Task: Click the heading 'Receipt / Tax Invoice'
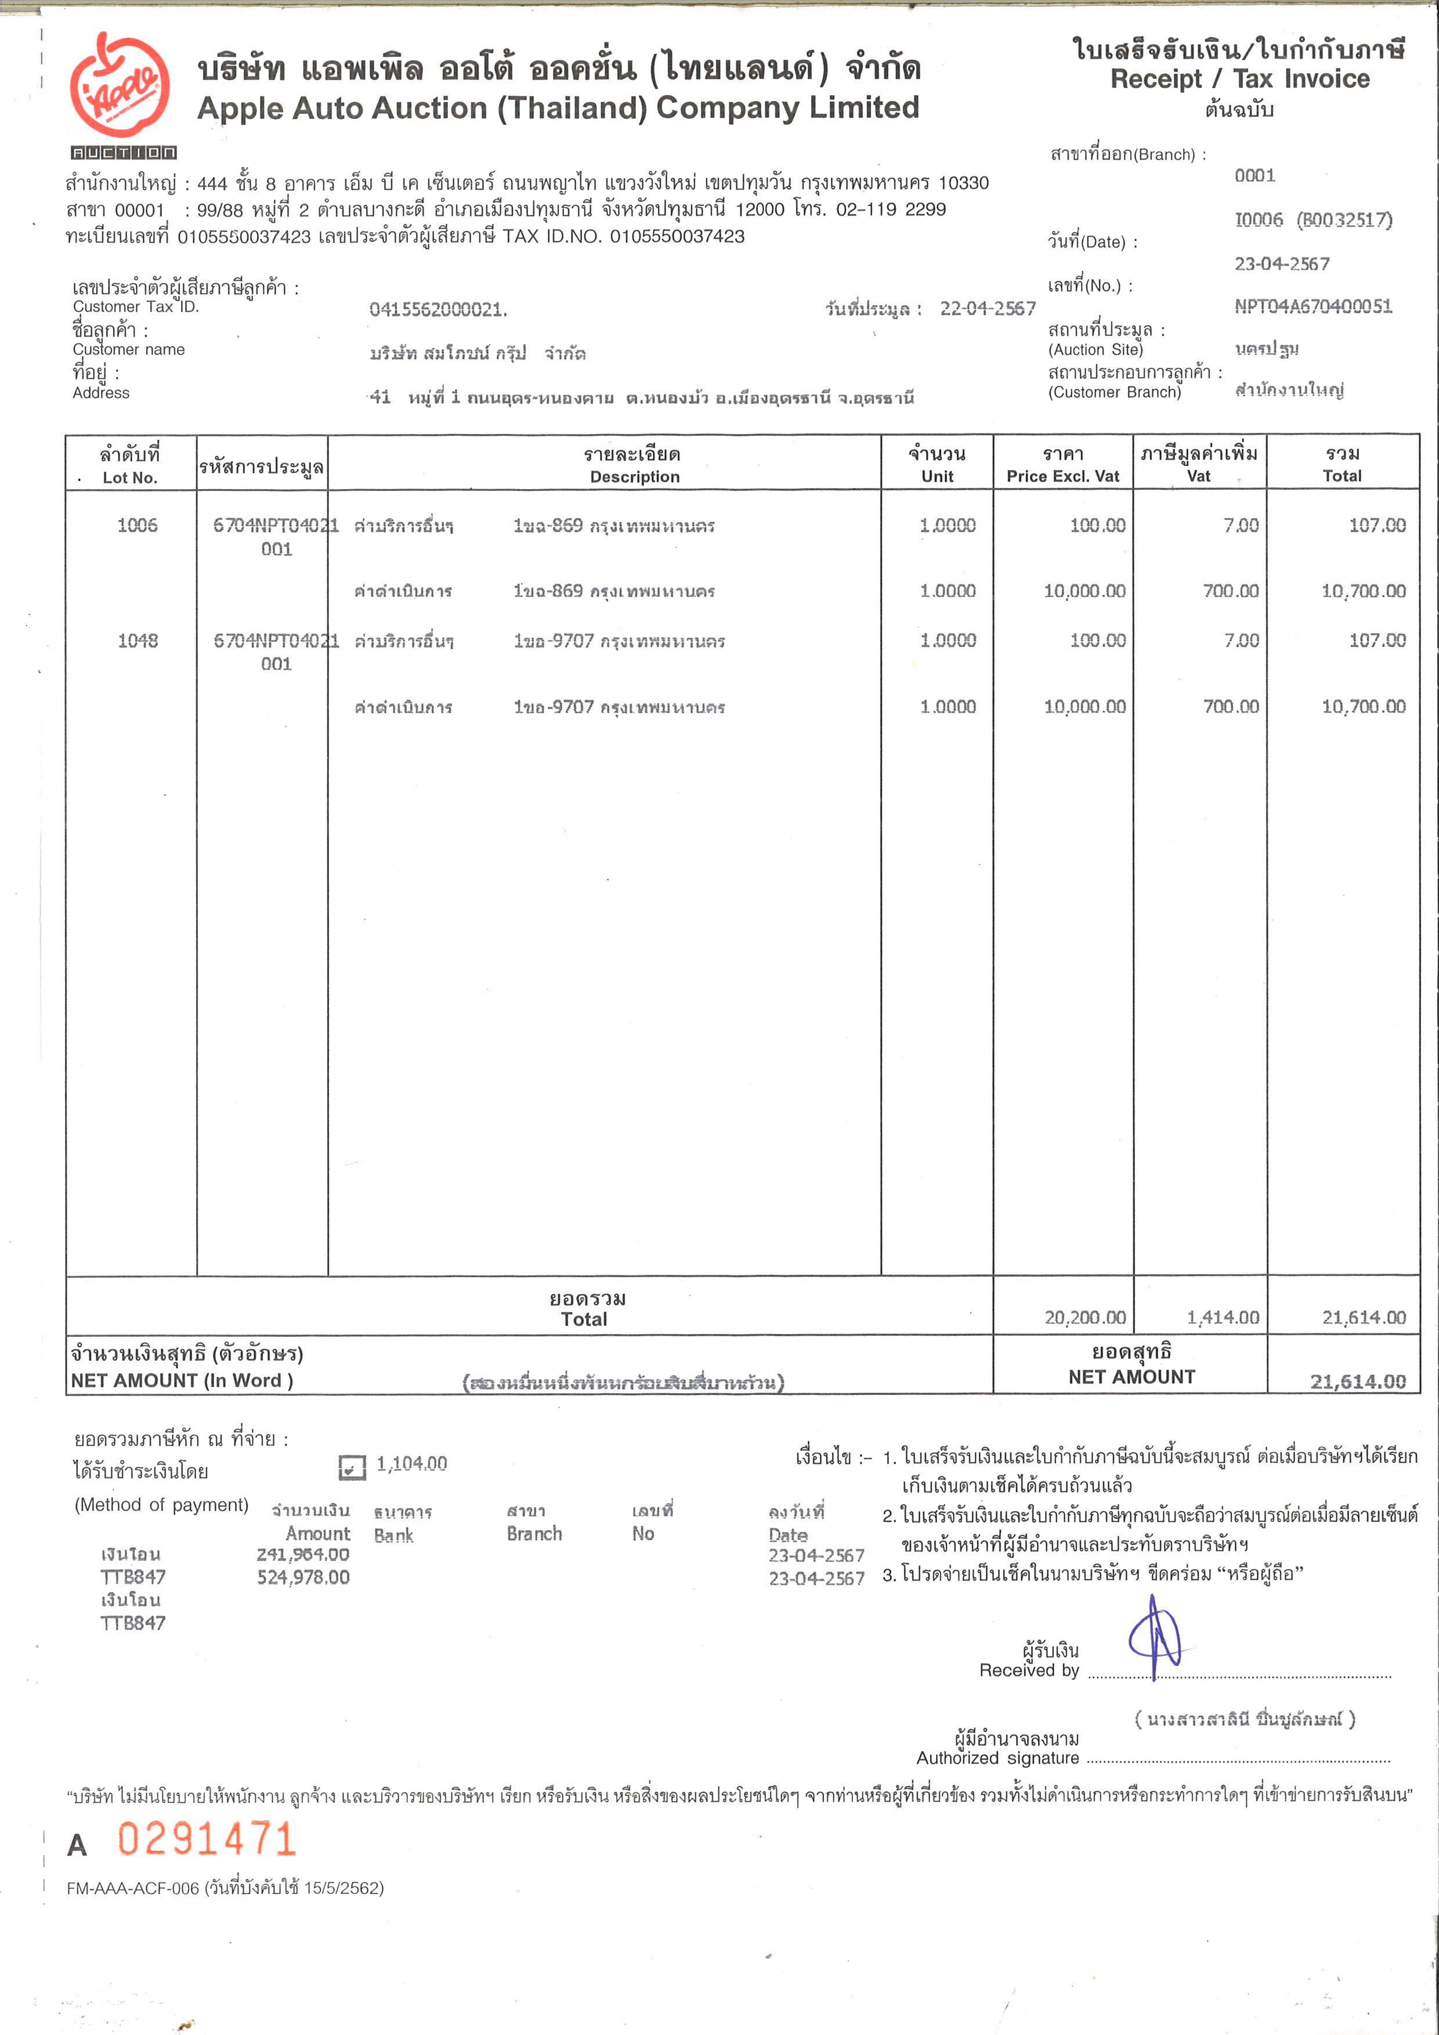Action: [1239, 79]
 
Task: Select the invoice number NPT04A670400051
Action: [1313, 306]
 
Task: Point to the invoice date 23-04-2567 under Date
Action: [1281, 264]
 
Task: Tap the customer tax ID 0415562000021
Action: [438, 309]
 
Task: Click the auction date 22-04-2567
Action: [987, 309]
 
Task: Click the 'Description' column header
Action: [634, 477]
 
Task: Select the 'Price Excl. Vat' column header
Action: [1062, 476]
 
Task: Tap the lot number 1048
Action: [138, 641]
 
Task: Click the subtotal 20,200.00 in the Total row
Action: [1084, 1318]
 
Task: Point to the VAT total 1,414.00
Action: [1223, 1318]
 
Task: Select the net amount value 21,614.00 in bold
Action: [1358, 1381]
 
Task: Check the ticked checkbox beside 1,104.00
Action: [352, 1467]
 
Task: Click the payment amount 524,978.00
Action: [303, 1577]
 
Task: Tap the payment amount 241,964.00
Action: [303, 1554]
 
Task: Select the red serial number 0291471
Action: [207, 1839]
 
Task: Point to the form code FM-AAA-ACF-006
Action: [133, 1888]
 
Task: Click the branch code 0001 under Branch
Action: [1254, 175]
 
